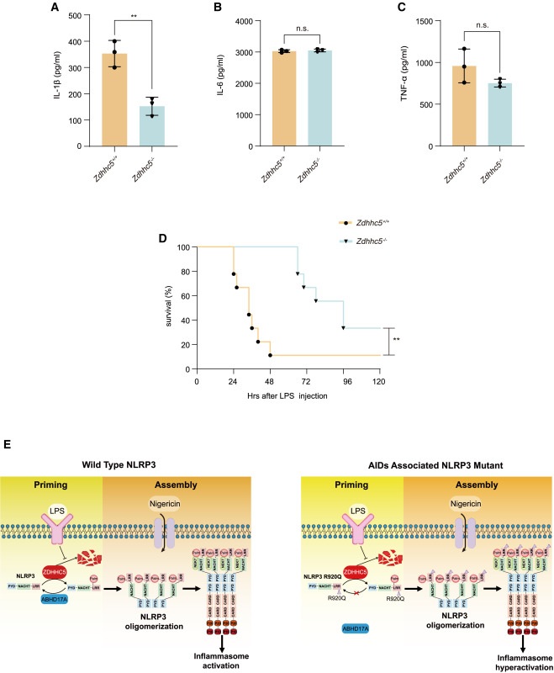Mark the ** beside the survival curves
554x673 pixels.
point(395,341)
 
